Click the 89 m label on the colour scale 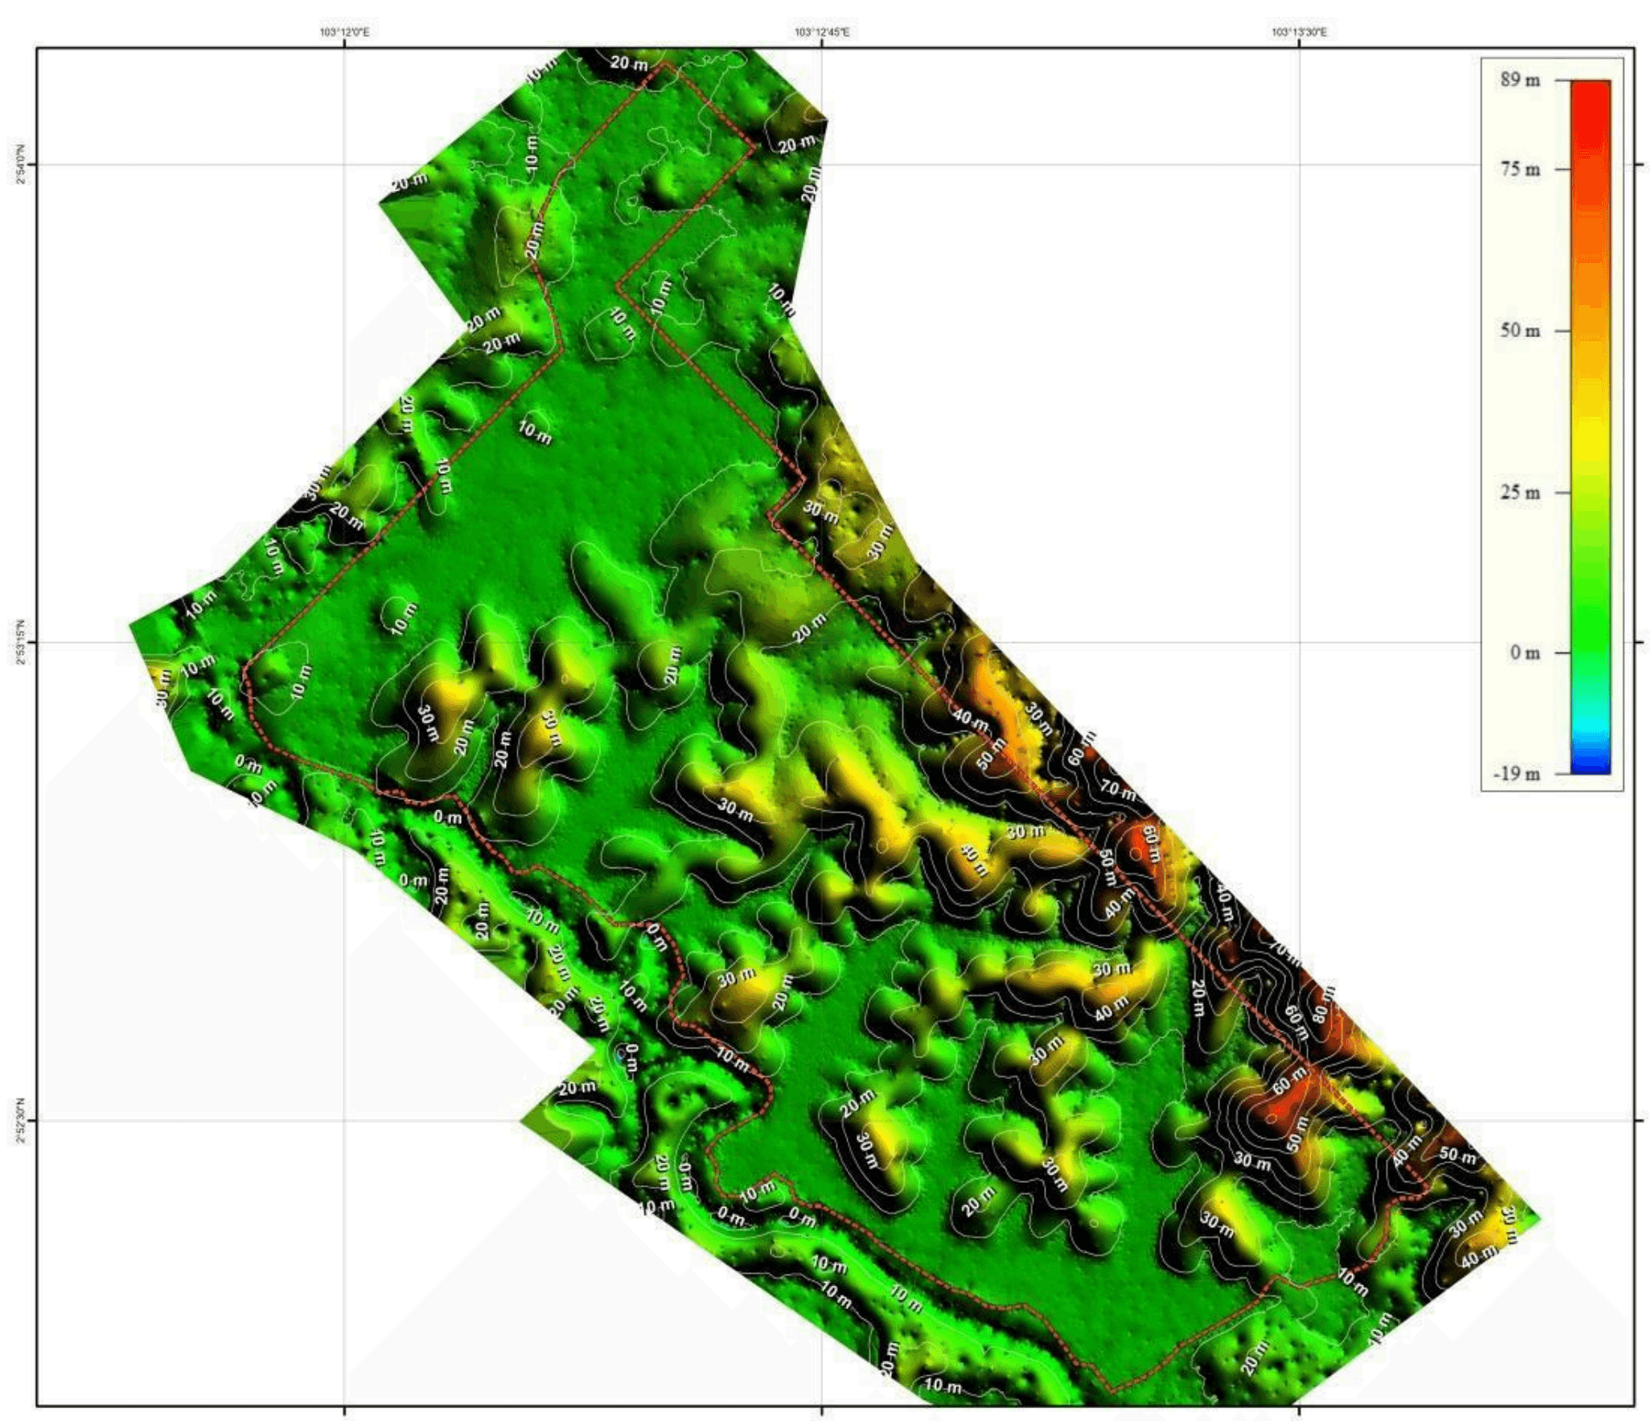point(1519,80)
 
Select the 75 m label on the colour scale point(1519,169)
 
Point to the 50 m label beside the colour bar point(1519,331)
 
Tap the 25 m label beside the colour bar point(1519,492)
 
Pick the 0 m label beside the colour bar point(1524,653)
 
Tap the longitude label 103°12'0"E point(344,32)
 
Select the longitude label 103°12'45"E point(821,32)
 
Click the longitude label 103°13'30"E point(1299,32)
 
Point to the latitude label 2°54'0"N point(20,165)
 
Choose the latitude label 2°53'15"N point(20,642)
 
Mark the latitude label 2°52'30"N point(20,1119)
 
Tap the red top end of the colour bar point(1590,85)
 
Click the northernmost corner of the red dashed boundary point(664,64)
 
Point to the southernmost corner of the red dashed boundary point(1112,1390)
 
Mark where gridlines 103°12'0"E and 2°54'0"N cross point(344,165)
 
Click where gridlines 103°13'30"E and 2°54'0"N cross point(1299,165)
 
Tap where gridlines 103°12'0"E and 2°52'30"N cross point(344,1119)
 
